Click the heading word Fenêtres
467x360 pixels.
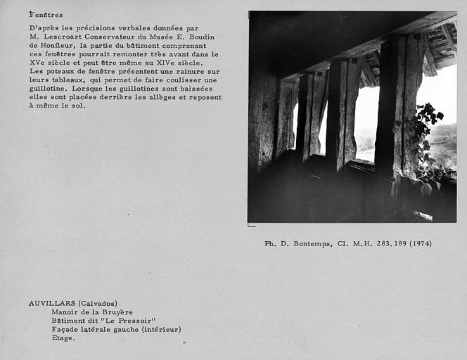coord(46,15)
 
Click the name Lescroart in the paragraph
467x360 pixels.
coord(65,37)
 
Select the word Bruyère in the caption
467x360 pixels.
coord(115,312)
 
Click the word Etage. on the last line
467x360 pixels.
coord(64,337)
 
